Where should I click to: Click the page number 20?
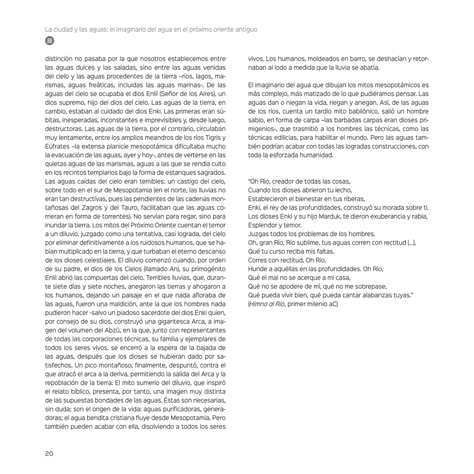click(x=49, y=453)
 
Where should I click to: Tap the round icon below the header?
click(x=49, y=41)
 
